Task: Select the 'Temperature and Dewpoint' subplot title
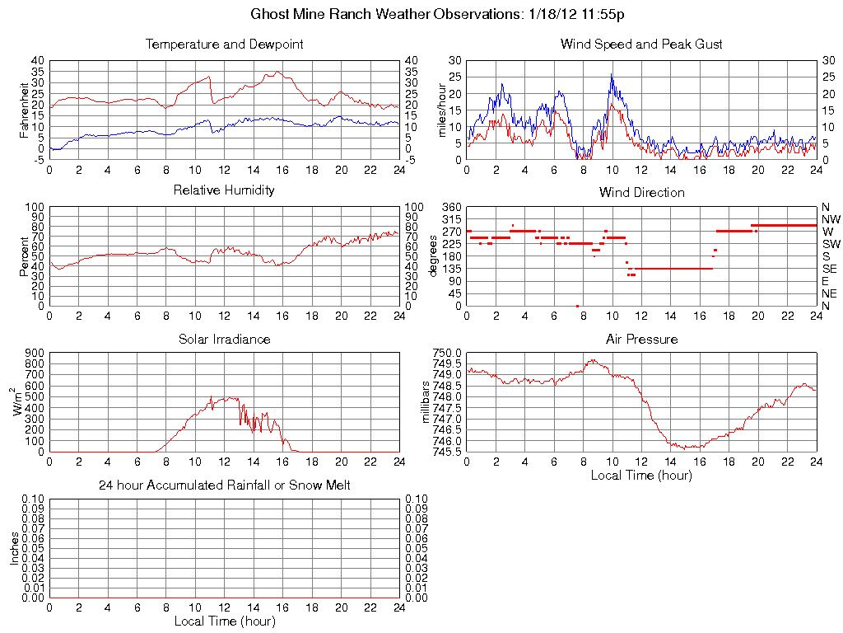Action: (224, 44)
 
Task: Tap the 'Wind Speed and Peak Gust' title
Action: (641, 44)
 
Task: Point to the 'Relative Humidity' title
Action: (224, 190)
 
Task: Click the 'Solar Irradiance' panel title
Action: (224, 339)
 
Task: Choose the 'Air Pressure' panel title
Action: (641, 339)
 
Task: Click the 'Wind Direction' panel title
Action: (641, 192)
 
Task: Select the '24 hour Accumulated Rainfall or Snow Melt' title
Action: (224, 485)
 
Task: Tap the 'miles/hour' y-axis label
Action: (441, 110)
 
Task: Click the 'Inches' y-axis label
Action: (14, 548)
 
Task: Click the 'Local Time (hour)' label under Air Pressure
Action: (641, 475)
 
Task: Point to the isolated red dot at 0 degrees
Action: (577, 306)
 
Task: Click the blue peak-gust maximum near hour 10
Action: (612, 75)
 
